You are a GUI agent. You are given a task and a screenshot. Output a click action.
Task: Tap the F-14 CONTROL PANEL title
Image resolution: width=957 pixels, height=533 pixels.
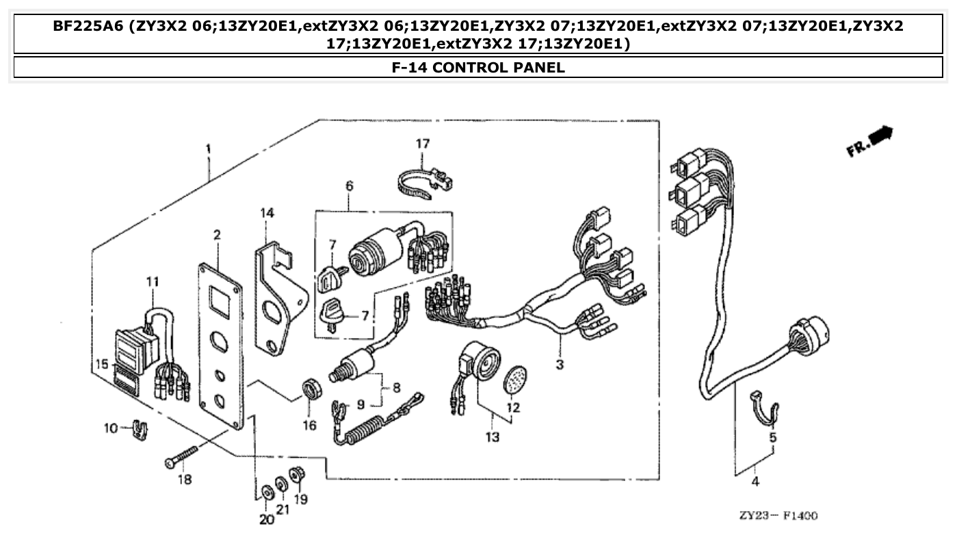[478, 67]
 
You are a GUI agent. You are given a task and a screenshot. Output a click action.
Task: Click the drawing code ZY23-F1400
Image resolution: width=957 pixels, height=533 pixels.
[778, 515]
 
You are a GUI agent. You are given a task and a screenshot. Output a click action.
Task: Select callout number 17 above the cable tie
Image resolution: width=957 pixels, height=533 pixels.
[423, 144]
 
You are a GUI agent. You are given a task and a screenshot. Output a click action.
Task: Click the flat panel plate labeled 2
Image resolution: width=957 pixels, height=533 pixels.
[220, 346]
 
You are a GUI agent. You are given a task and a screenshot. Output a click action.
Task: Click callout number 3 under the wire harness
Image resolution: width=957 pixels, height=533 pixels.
[560, 365]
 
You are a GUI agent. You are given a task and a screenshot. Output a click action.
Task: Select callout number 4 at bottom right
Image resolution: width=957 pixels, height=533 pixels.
[755, 482]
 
